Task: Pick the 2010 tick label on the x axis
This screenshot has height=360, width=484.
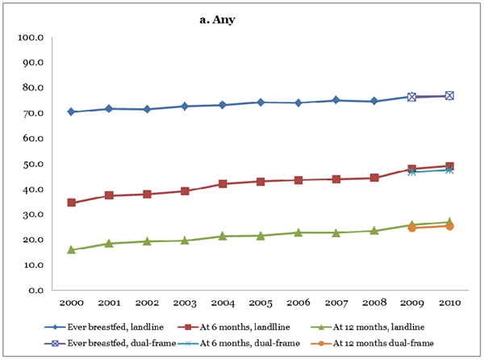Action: pos(449,304)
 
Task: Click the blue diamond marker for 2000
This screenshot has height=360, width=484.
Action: pos(72,112)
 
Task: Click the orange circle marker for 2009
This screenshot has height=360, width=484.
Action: pos(411,228)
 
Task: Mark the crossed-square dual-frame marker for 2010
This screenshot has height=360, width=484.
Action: pos(449,95)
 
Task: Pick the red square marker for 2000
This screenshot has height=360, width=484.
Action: pos(72,203)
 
